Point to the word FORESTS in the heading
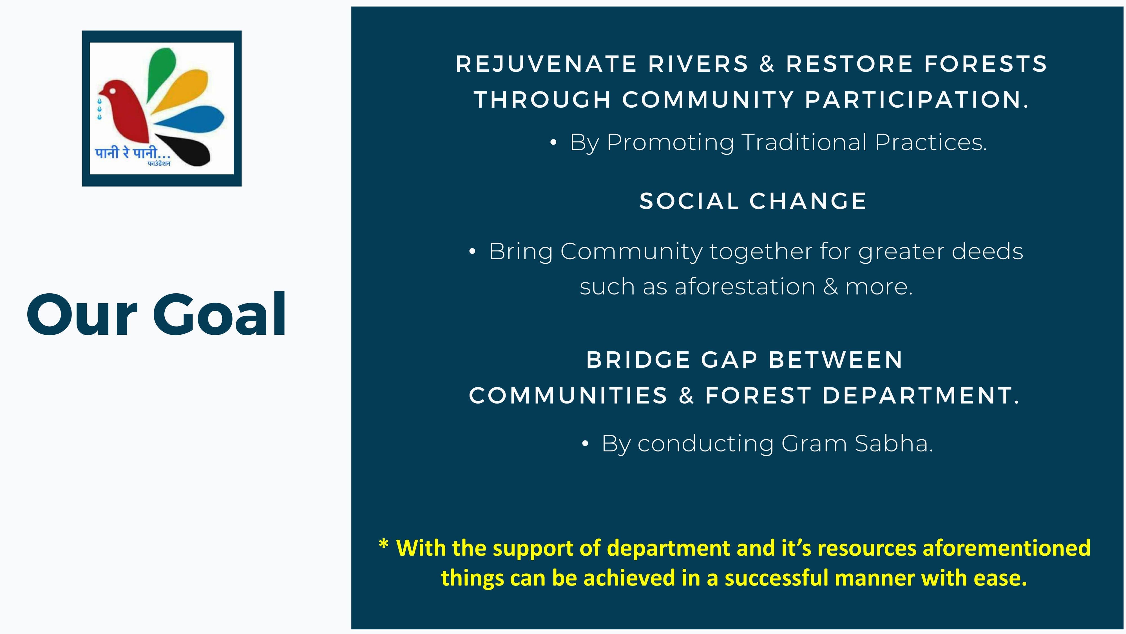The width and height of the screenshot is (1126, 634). point(986,64)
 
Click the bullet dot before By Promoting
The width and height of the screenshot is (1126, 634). point(553,143)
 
